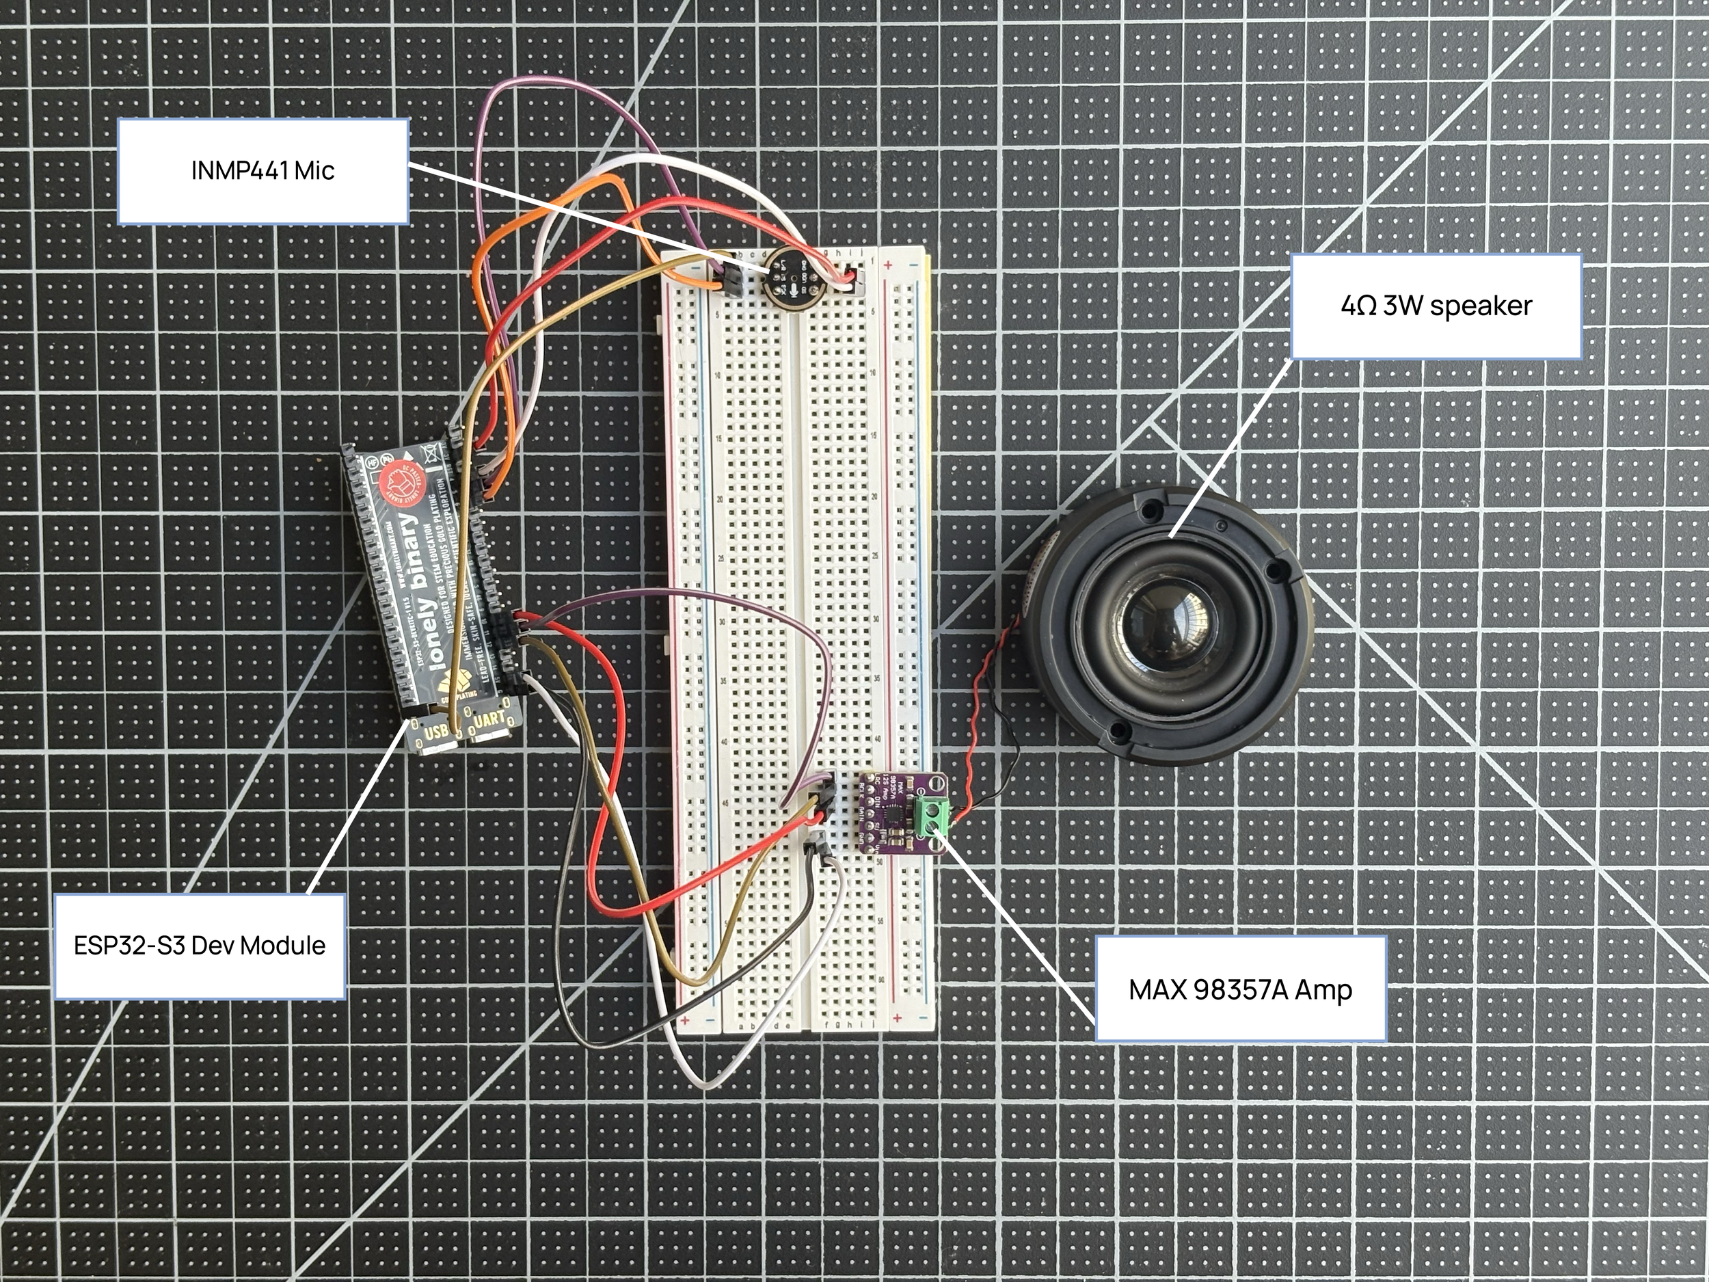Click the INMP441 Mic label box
pos(263,171)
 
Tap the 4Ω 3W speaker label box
pos(1436,306)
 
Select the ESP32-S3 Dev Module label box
pos(200,946)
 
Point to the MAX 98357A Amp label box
pos(1240,990)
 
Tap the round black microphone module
pos(788,280)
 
